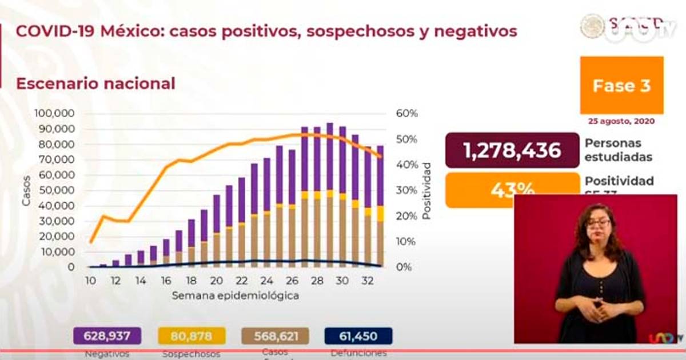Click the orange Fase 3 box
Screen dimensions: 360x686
pyautogui.click(x=621, y=85)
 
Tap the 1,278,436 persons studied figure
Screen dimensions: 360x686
pyautogui.click(x=512, y=150)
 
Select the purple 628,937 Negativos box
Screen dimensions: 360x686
pyautogui.click(x=107, y=336)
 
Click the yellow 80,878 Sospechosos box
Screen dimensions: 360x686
pyautogui.click(x=190, y=336)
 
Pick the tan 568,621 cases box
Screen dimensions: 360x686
pyautogui.click(x=276, y=336)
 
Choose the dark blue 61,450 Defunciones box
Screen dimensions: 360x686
pyautogui.click(x=358, y=336)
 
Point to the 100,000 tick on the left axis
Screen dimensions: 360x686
pyautogui.click(x=55, y=113)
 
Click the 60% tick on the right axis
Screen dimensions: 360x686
pyautogui.click(x=407, y=113)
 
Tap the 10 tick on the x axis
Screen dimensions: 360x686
pyautogui.click(x=90, y=281)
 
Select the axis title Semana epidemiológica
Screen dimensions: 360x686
pyautogui.click(x=236, y=296)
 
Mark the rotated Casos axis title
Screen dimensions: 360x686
pyautogui.click(x=26, y=190)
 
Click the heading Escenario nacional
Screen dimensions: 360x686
pyautogui.click(x=95, y=83)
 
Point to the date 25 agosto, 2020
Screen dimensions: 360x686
pyautogui.click(x=621, y=121)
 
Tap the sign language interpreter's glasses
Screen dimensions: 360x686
pyautogui.click(x=599, y=222)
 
